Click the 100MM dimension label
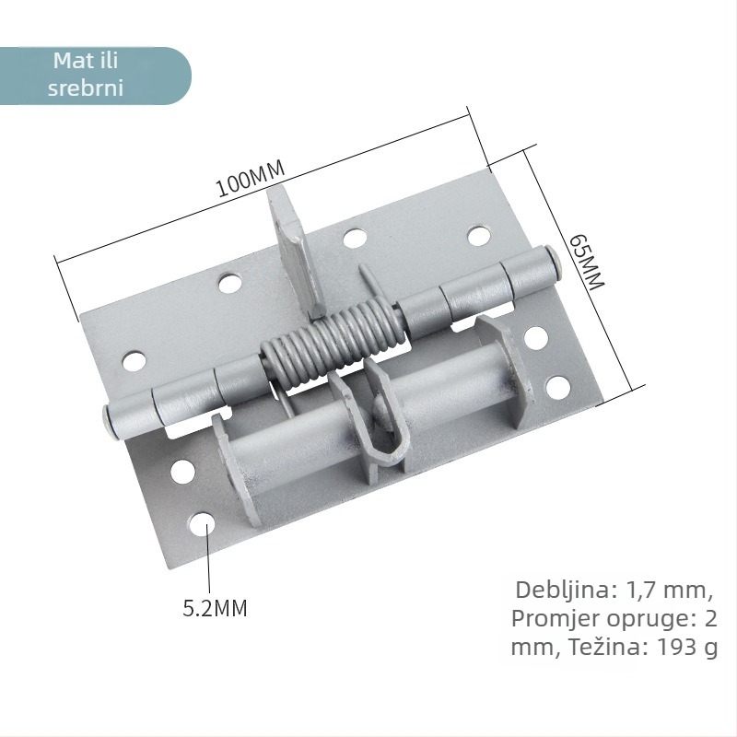tap(251, 179)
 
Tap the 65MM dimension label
tap(587, 262)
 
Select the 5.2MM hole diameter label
tap(215, 608)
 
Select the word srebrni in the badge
tap(86, 88)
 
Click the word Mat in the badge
tap(66, 61)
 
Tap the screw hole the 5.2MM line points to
tap(203, 524)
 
